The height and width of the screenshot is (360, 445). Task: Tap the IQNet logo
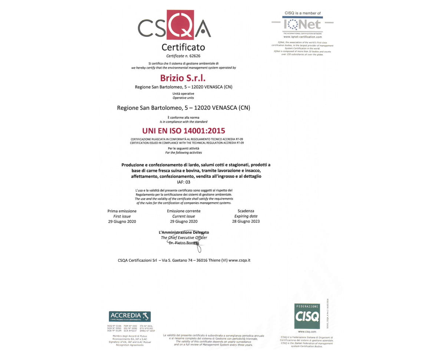pyautogui.click(x=303, y=24)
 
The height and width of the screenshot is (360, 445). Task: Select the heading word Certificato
pyautogui.click(x=183, y=47)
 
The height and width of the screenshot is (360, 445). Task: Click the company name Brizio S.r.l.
pyautogui.click(x=182, y=78)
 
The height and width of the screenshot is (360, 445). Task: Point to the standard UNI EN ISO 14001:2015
pyautogui.click(x=184, y=131)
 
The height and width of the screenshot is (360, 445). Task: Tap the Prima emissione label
pyautogui.click(x=122, y=211)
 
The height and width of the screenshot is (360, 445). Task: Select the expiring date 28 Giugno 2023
pyautogui.click(x=246, y=221)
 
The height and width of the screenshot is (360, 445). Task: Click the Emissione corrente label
pyautogui.click(x=184, y=211)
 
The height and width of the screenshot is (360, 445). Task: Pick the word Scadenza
pyautogui.click(x=246, y=211)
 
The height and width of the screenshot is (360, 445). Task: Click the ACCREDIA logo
pyautogui.click(x=130, y=317)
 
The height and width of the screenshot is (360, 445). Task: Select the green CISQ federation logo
pyautogui.click(x=307, y=316)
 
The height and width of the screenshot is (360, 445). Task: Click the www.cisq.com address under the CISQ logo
pyautogui.click(x=307, y=331)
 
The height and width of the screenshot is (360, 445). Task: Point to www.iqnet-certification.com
pyautogui.click(x=303, y=37)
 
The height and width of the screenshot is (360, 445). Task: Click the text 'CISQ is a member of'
pyautogui.click(x=303, y=13)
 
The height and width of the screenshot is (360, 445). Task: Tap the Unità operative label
pyautogui.click(x=183, y=94)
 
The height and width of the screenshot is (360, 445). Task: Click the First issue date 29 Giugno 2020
pyautogui.click(x=122, y=221)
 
